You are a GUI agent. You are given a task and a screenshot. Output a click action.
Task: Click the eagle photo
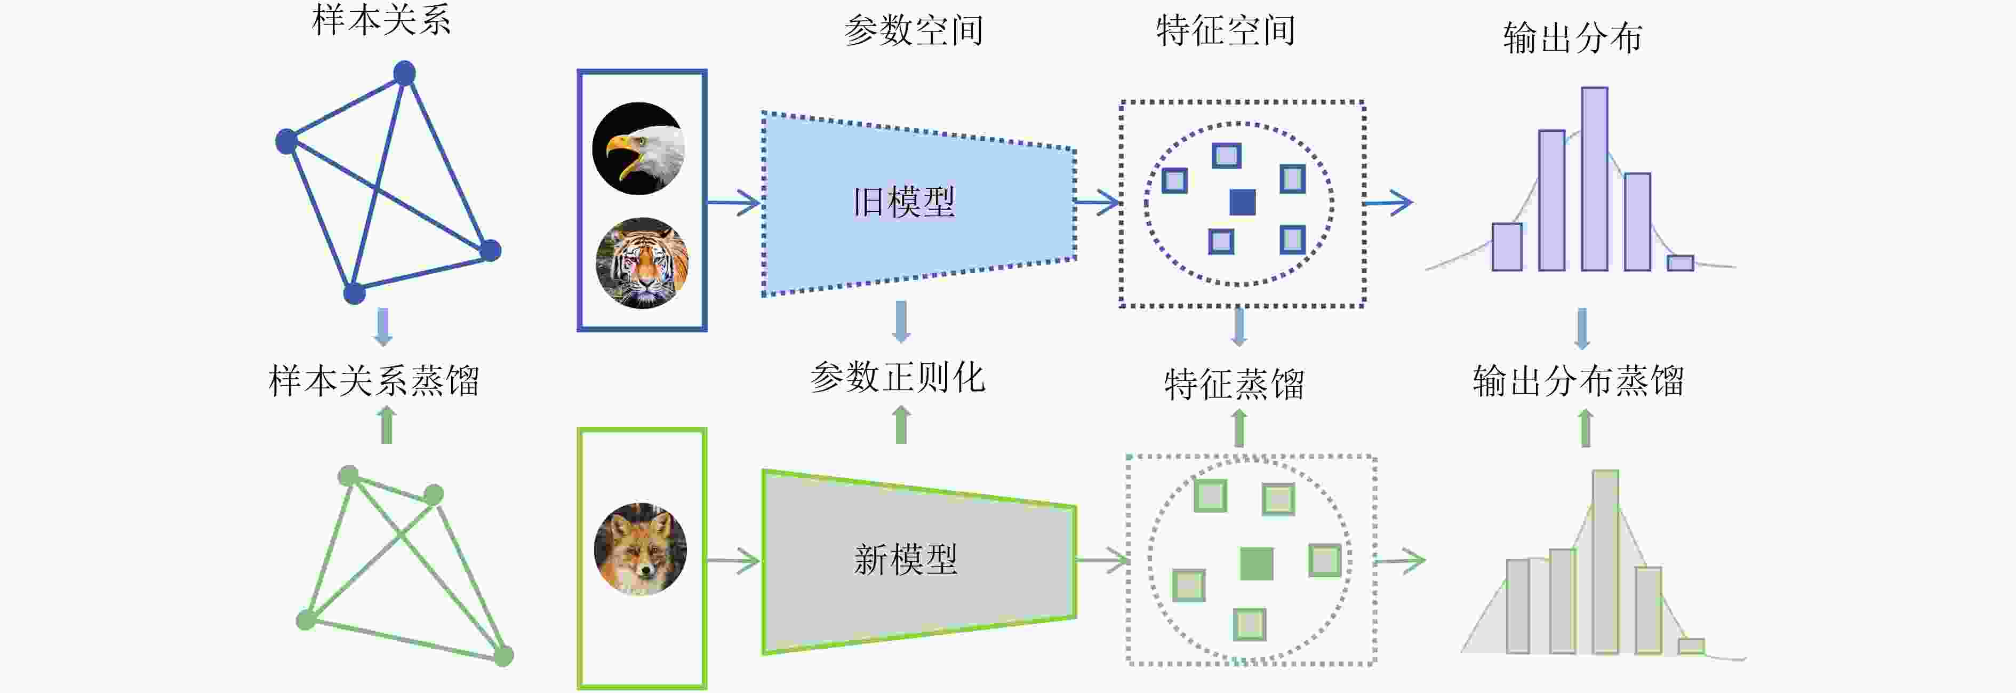pos(638,148)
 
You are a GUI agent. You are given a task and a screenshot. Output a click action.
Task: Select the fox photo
pos(640,549)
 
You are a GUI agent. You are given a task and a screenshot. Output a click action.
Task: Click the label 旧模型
pos(904,202)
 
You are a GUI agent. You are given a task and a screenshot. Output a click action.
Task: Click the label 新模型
pos(906,560)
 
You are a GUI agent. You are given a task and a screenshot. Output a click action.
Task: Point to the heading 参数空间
pos(913,30)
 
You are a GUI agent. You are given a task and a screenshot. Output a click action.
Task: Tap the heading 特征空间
pos(1226,30)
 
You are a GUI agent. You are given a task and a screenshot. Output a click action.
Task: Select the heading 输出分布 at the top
pos(1572,37)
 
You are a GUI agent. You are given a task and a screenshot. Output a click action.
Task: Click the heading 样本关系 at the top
pos(381,20)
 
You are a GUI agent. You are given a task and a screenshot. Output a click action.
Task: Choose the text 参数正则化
pos(898,377)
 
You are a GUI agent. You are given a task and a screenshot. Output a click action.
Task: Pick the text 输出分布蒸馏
pos(1579,380)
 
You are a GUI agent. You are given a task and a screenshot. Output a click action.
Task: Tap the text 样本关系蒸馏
pos(374,380)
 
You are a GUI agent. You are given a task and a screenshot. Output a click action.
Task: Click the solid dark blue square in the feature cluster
pos(1242,202)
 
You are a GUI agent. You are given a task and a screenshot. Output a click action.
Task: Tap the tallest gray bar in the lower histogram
pos(1605,561)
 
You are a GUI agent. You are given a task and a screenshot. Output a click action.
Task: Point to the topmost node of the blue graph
pos(404,74)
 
